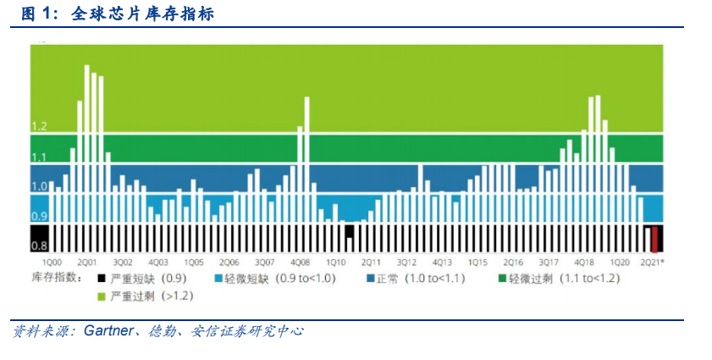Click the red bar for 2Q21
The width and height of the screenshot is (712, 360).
tap(654, 239)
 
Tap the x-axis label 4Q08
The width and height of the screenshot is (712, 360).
tap(300, 263)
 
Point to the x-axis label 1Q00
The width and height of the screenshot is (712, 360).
tap(52, 263)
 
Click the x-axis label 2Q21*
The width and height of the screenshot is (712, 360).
tap(653, 263)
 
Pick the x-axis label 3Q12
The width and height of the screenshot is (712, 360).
tap(406, 263)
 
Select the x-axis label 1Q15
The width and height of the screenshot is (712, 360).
tap(477, 263)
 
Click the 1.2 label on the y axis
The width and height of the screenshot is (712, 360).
tap(39, 126)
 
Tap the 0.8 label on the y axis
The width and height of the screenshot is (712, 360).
tap(39, 246)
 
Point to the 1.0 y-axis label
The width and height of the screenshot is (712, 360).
tap(39, 186)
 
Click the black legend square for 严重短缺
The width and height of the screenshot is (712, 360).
tap(102, 278)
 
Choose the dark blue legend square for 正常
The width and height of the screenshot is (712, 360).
tap(371, 278)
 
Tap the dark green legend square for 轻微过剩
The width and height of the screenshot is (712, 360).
tap(502, 278)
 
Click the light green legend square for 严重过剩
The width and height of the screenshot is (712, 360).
tap(102, 296)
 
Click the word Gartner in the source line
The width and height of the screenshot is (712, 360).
tap(109, 330)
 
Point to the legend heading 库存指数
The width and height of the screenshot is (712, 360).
tap(55, 277)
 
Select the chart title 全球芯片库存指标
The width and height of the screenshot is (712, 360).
tap(142, 14)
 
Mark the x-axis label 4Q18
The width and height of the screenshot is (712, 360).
tap(584, 263)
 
